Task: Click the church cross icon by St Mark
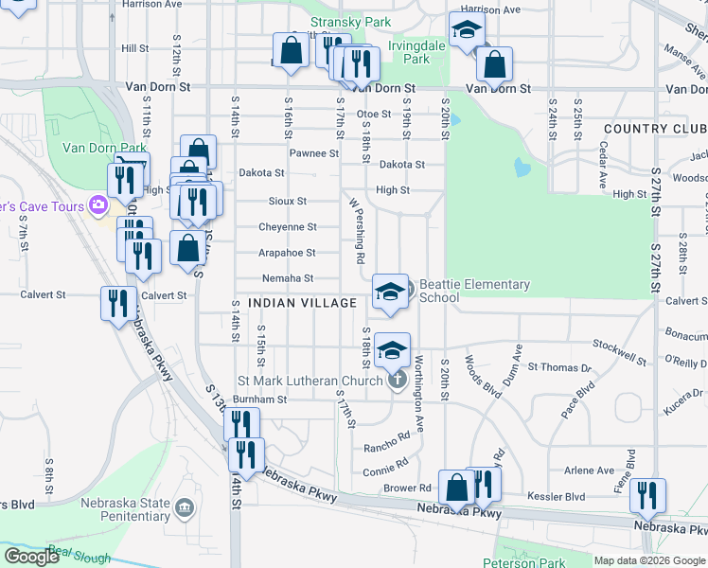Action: [398, 382]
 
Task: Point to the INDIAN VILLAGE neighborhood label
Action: [302, 303]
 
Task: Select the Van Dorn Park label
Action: [104, 148]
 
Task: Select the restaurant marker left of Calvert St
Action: [117, 304]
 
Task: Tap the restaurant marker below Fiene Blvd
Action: [648, 496]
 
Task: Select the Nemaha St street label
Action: [288, 278]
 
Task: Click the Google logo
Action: [32, 557]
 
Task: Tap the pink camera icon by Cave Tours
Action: [97, 204]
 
